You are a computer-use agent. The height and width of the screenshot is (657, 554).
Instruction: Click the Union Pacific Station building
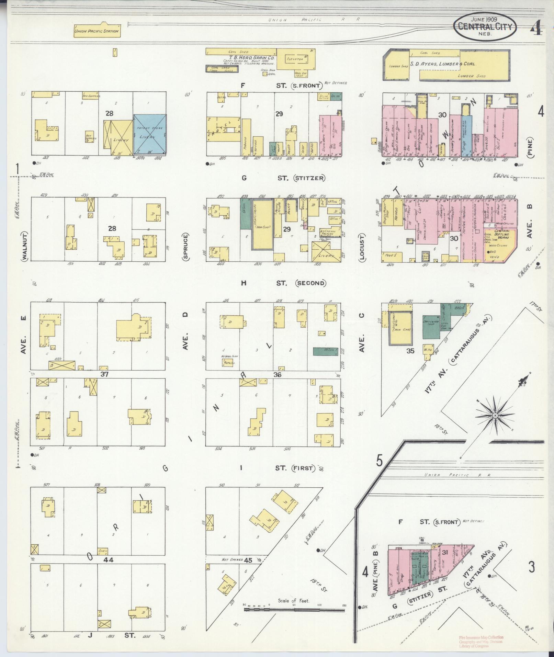pyautogui.click(x=97, y=31)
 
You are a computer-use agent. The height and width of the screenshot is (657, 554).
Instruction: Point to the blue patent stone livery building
pyautogui.click(x=150, y=134)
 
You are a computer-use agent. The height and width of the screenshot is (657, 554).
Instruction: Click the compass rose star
pyautogui.click(x=495, y=416)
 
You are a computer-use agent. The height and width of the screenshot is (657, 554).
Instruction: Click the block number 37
pyautogui.click(x=104, y=374)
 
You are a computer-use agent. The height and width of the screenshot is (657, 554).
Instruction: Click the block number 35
pyautogui.click(x=410, y=351)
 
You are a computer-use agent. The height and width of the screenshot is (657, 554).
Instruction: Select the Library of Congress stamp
pyautogui.click(x=481, y=641)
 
